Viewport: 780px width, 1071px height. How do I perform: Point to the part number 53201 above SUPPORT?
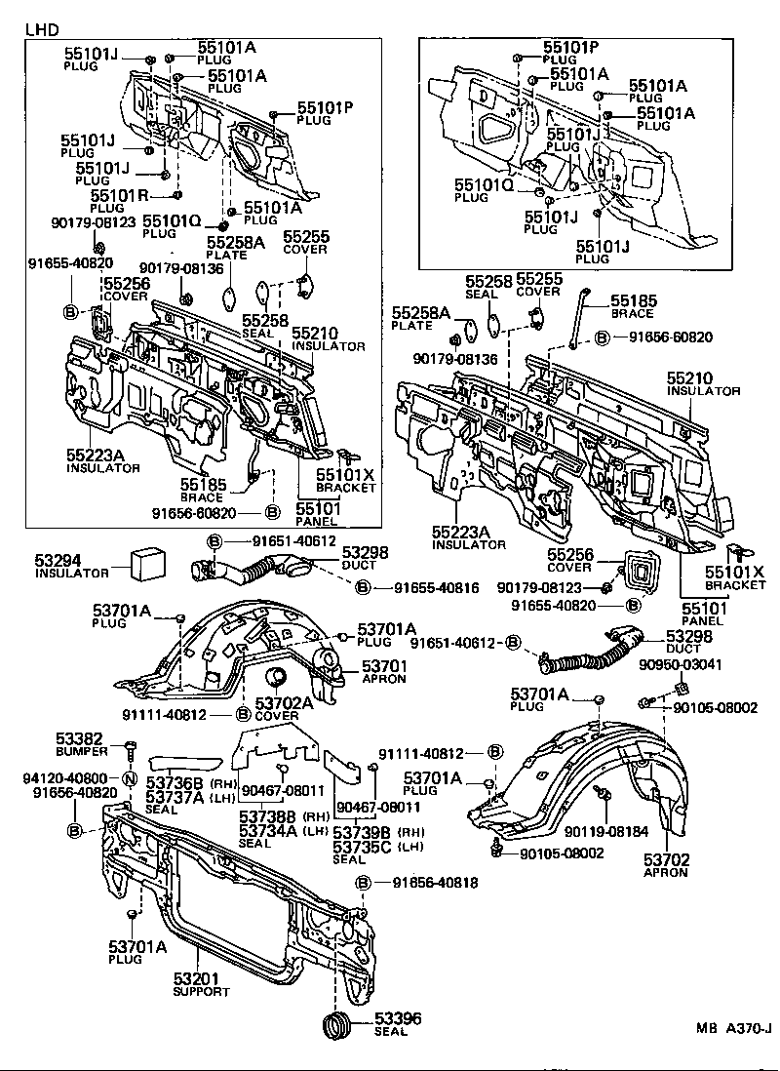click(x=196, y=978)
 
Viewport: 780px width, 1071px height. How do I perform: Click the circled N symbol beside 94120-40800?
click(x=127, y=777)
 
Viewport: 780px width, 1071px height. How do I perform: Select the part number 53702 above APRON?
click(x=666, y=859)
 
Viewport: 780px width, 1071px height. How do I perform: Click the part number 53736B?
click(x=175, y=783)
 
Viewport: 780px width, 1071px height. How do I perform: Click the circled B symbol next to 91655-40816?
click(x=362, y=587)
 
